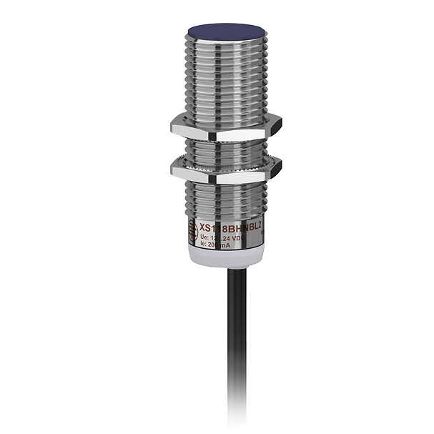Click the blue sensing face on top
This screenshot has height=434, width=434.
coord(226,31)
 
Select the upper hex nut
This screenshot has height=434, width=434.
coord(226,129)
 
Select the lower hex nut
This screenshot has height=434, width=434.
coord(226,170)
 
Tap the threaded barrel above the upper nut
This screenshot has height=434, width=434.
coord(226,79)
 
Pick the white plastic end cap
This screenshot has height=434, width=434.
coord(226,259)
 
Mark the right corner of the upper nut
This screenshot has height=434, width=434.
coord(280,128)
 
